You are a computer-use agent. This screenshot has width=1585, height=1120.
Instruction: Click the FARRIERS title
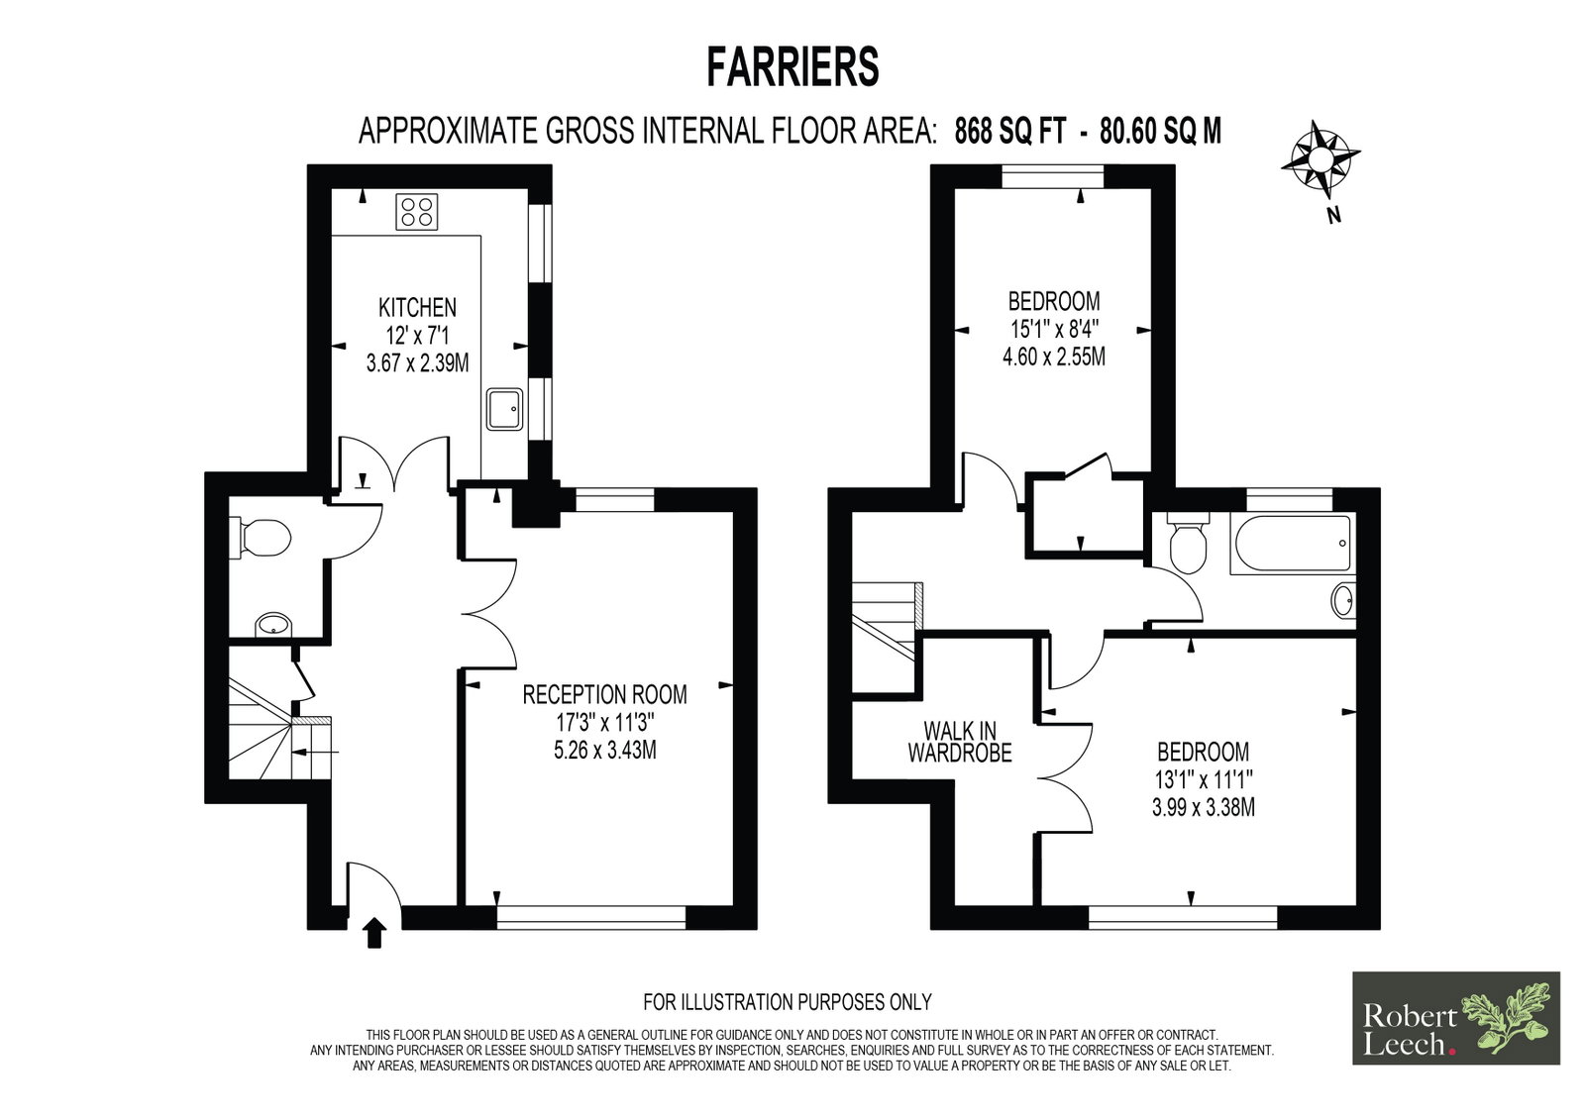[x=792, y=67]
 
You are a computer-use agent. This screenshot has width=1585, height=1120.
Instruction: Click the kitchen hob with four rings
[x=417, y=212]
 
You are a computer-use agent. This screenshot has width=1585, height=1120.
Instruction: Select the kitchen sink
[x=505, y=409]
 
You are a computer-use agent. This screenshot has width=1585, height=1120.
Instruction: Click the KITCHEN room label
[x=417, y=307]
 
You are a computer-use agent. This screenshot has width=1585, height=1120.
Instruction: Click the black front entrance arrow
[x=374, y=933]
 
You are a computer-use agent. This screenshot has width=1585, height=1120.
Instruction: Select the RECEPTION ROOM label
[x=604, y=694]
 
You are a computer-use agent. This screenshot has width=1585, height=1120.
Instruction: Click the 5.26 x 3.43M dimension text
[x=605, y=750]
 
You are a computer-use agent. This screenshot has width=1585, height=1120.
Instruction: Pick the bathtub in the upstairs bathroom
[x=1293, y=544]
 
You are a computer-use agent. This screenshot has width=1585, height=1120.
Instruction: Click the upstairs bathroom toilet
[x=1188, y=543]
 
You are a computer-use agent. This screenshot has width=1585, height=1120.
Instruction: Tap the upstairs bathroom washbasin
[x=1343, y=601]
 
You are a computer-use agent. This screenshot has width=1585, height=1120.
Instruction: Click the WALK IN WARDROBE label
[x=960, y=742]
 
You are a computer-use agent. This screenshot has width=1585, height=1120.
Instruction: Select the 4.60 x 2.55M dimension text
[x=1054, y=356]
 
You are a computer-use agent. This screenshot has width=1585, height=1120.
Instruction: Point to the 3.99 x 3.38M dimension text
[x=1203, y=807]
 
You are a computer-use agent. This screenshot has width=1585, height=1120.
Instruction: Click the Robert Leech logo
[x=1456, y=1017]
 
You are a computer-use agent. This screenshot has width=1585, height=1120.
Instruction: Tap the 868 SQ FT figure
[x=1010, y=132]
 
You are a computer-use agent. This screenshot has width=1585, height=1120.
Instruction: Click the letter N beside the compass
[x=1333, y=215]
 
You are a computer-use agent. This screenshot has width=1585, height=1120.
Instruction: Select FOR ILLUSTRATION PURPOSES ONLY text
[x=787, y=1002]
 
